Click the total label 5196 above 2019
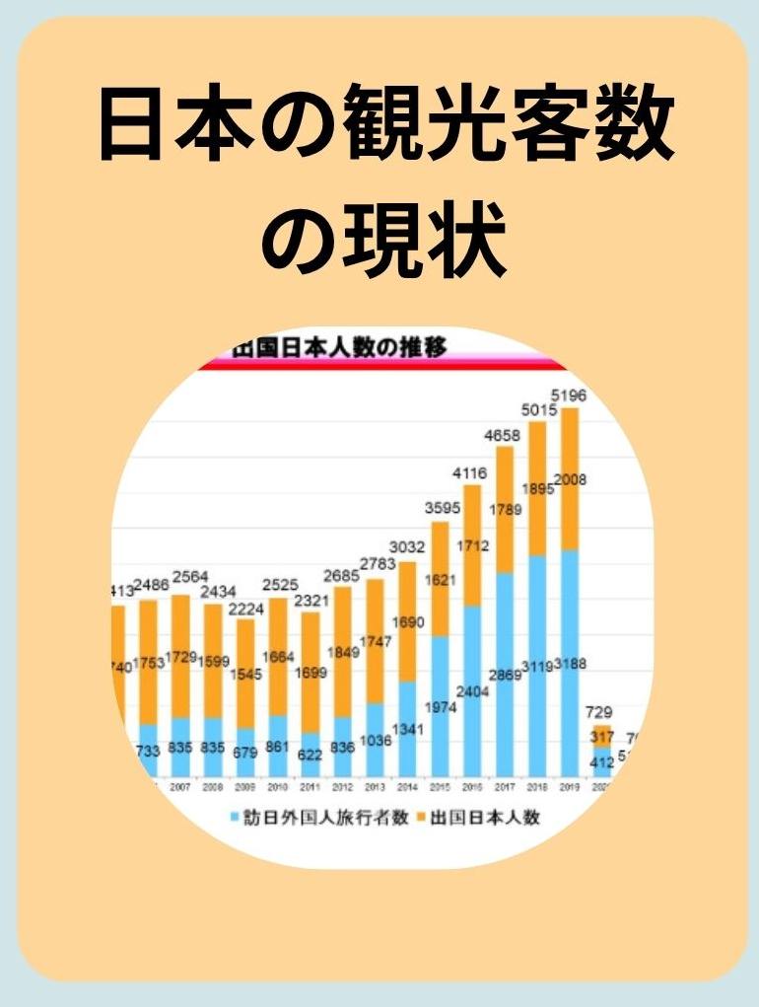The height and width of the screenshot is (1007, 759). click(x=570, y=396)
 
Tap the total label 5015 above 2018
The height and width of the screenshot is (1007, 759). click(x=537, y=409)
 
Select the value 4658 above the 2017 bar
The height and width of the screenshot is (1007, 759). click(x=505, y=434)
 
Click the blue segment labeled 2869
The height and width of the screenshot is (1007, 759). click(x=505, y=675)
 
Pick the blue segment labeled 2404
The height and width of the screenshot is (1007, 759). click(x=472, y=690)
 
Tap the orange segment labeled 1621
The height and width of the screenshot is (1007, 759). click(x=440, y=579)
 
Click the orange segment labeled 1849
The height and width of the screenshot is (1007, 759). click(x=342, y=652)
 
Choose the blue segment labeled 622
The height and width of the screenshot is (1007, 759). click(x=310, y=754)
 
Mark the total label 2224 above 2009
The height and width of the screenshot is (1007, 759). click(x=244, y=608)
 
